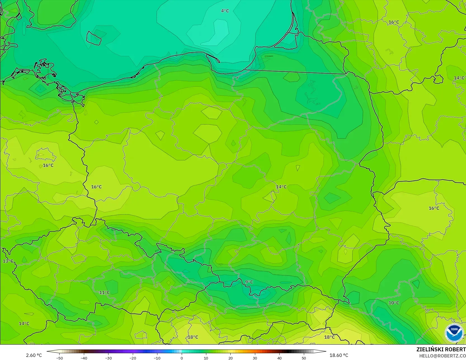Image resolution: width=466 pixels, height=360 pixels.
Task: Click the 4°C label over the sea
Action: [x=225, y=11]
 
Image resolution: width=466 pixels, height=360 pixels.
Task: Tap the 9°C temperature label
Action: [x=249, y=282]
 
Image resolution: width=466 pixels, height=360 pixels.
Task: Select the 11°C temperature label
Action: [x=105, y=293]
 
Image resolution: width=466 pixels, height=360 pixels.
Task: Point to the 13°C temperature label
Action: [x=8, y=261]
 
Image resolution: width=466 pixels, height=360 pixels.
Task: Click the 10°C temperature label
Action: [x=394, y=303]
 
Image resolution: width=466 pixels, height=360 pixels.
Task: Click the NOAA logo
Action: [x=454, y=333]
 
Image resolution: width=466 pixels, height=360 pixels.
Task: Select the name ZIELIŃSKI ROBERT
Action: [x=441, y=349]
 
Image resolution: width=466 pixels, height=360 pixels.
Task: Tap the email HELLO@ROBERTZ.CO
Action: [x=442, y=356]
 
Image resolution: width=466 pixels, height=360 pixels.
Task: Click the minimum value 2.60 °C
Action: [x=34, y=355]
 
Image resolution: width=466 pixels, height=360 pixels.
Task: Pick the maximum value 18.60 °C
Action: [x=339, y=355]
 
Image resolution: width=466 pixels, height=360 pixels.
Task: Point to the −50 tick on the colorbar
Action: [x=59, y=358]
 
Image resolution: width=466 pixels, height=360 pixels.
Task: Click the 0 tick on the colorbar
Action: [x=182, y=358]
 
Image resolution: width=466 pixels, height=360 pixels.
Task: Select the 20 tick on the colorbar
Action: [x=230, y=358]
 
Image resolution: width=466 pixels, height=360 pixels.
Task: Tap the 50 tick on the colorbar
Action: [x=304, y=358]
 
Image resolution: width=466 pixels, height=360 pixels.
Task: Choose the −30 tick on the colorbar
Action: [x=108, y=358]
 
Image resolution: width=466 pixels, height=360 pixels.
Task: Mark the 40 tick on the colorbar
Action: [x=279, y=358]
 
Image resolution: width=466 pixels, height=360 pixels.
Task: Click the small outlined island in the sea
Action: [x=93, y=38]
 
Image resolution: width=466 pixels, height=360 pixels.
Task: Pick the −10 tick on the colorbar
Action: [x=157, y=358]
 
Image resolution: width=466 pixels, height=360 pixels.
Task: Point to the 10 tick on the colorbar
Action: [x=206, y=358]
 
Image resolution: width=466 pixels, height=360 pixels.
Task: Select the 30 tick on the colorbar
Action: [x=255, y=358]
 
